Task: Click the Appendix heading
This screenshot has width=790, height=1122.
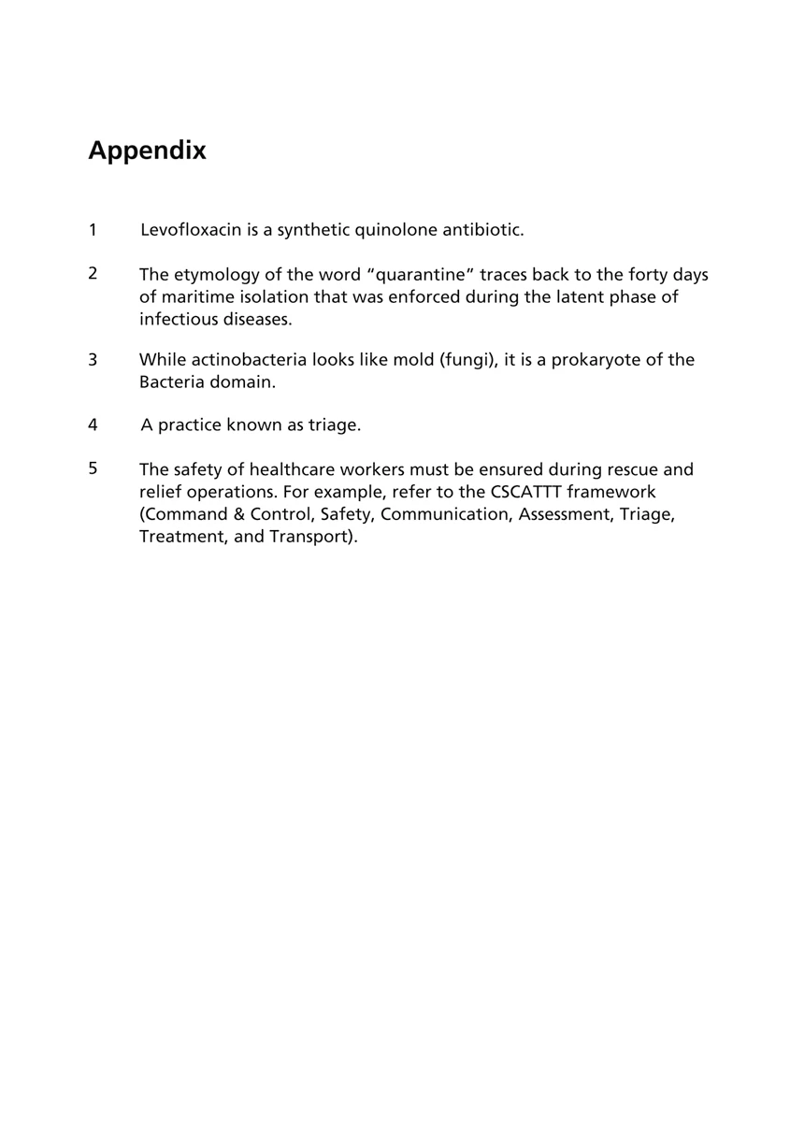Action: coord(147,151)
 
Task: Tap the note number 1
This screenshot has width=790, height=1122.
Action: coord(93,229)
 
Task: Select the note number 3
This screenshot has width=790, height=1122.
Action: coord(93,360)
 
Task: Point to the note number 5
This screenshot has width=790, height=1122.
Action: coord(93,468)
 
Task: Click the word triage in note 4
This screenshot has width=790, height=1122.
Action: coord(334,425)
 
